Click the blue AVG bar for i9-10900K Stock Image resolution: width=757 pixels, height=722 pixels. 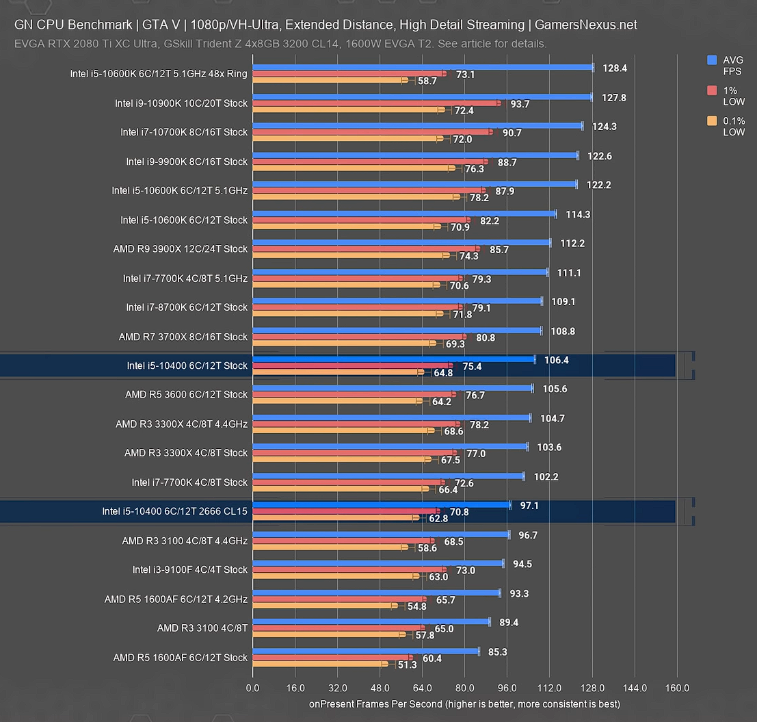(x=422, y=97)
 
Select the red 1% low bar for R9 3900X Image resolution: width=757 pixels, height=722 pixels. (x=366, y=249)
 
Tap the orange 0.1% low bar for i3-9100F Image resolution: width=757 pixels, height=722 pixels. (x=334, y=576)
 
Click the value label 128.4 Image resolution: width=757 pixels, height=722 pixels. (x=615, y=68)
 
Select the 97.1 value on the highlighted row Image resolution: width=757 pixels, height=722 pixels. (x=529, y=505)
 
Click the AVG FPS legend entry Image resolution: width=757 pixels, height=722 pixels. (x=732, y=66)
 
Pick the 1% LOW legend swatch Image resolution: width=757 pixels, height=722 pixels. (x=712, y=90)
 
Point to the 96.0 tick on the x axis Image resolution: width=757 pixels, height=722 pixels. (x=507, y=688)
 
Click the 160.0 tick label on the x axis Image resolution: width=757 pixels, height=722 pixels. (x=677, y=688)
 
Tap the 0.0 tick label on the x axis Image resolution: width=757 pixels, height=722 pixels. (x=253, y=688)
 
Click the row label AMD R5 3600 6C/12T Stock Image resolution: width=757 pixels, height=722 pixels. (x=186, y=395)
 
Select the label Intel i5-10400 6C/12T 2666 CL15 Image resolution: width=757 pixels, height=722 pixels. (x=174, y=511)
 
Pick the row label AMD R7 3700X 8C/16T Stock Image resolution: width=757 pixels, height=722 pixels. (x=183, y=337)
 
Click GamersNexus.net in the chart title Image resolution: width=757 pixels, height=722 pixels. (x=586, y=25)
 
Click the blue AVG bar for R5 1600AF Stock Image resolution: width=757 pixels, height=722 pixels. (x=366, y=652)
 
